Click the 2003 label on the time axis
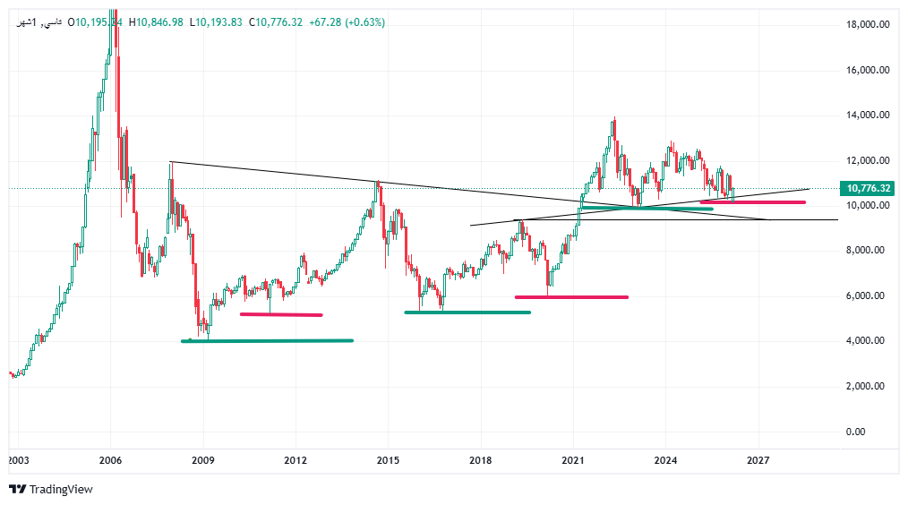click(x=18, y=460)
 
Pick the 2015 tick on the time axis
click(x=388, y=460)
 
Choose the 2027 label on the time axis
click(x=758, y=460)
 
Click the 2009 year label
click(x=203, y=460)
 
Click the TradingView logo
click(x=51, y=489)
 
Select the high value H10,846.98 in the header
click(x=157, y=22)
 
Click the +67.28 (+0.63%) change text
click(x=347, y=22)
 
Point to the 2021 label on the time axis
click(x=573, y=460)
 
